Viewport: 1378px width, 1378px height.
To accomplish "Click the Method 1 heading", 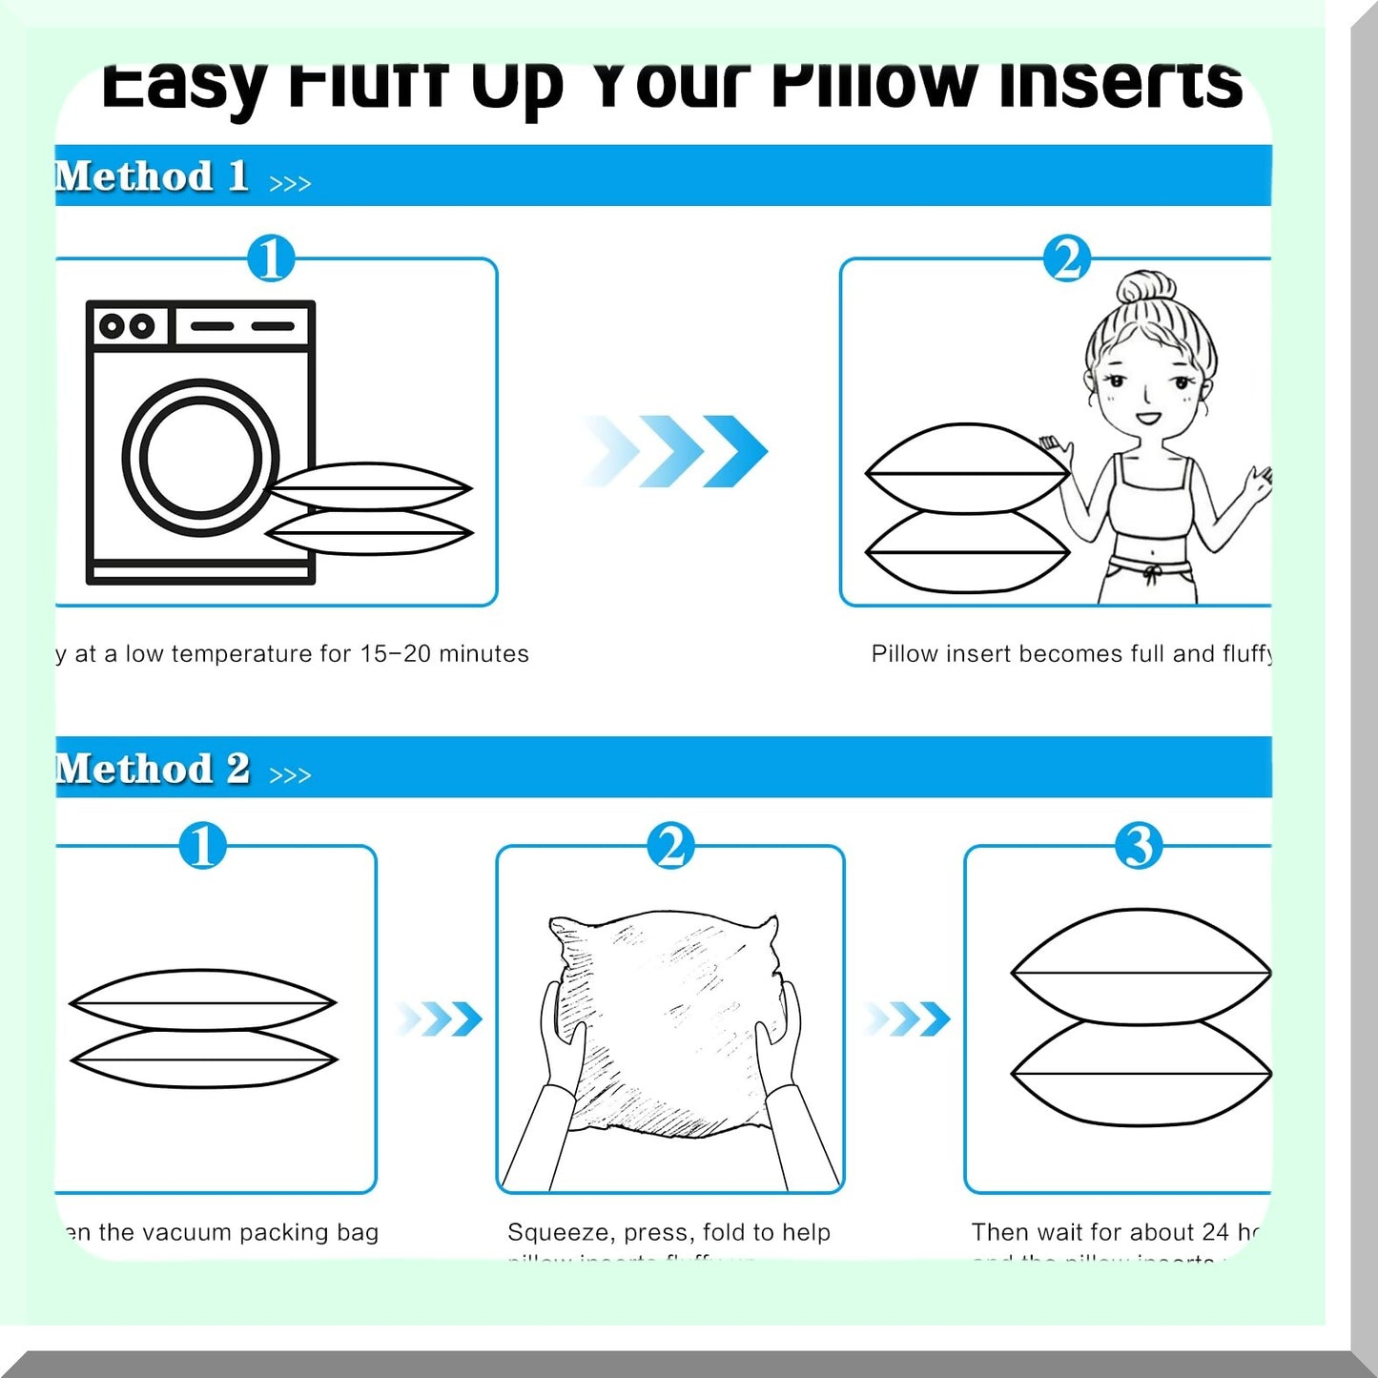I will (x=153, y=177).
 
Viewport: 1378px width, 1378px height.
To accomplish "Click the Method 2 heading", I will (x=153, y=769).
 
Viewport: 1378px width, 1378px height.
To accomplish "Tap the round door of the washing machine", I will (x=200, y=456).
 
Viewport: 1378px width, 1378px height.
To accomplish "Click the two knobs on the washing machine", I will (x=127, y=326).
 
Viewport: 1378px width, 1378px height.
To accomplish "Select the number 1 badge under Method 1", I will (x=271, y=258).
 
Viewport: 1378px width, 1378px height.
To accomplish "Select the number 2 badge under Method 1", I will (x=1067, y=258).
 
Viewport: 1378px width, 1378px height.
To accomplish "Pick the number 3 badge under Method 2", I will (x=1139, y=846).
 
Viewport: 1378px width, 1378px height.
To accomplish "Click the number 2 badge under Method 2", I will (x=670, y=846).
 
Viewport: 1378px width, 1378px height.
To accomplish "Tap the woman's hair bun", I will (x=1145, y=287).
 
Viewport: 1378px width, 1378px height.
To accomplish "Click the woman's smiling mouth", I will (x=1147, y=417).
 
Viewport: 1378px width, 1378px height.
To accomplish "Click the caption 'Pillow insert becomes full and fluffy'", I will (x=1071, y=654).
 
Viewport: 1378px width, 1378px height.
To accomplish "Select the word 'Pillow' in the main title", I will (x=873, y=84).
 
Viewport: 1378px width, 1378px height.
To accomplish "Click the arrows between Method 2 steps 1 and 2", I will (x=439, y=1018).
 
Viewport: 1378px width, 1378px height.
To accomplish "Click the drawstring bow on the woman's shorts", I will (x=1152, y=573).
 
